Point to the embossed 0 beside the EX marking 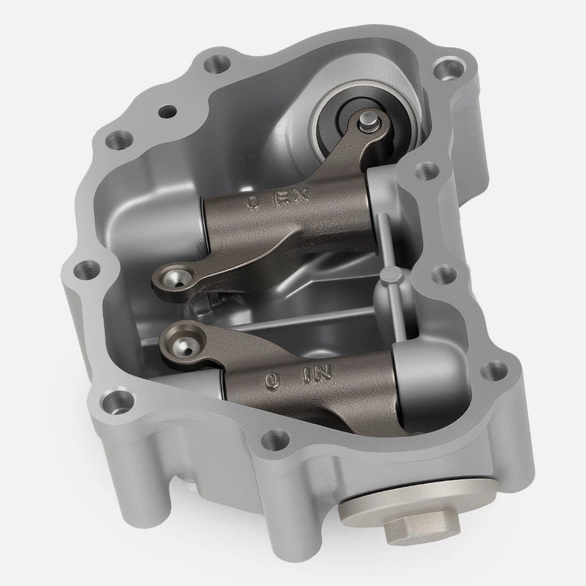(252, 203)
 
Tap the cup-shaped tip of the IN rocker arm (182, 343)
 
